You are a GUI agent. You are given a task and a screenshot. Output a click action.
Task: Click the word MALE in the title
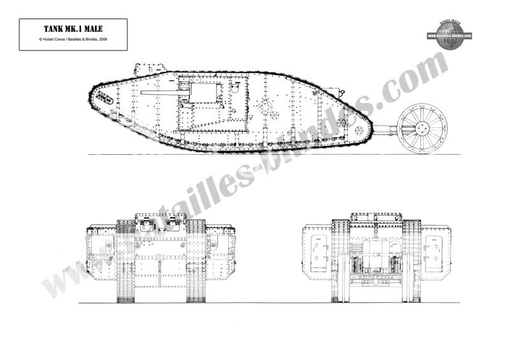click(92, 29)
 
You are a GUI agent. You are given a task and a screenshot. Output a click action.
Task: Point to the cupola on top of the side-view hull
click(150, 68)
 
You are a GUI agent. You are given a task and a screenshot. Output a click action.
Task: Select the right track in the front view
click(196, 261)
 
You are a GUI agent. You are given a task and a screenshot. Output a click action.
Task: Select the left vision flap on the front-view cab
click(145, 225)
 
